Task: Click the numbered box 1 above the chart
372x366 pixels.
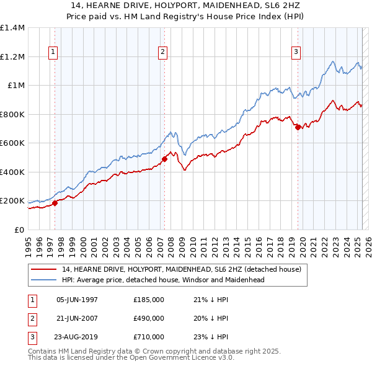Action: (x=54, y=53)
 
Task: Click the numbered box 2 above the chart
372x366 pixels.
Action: (x=163, y=53)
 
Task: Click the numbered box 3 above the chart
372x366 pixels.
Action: (x=297, y=53)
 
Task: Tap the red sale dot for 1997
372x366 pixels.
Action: (x=55, y=202)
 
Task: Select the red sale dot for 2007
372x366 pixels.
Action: (x=164, y=159)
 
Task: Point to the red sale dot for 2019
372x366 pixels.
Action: (x=298, y=127)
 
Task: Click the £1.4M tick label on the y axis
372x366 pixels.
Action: (x=12, y=28)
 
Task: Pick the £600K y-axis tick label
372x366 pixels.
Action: (x=12, y=143)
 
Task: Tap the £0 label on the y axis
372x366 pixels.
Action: (x=19, y=230)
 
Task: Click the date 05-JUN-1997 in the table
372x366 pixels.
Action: (x=77, y=300)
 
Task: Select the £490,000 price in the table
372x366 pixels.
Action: (x=149, y=318)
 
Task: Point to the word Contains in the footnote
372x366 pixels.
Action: (x=43, y=351)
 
